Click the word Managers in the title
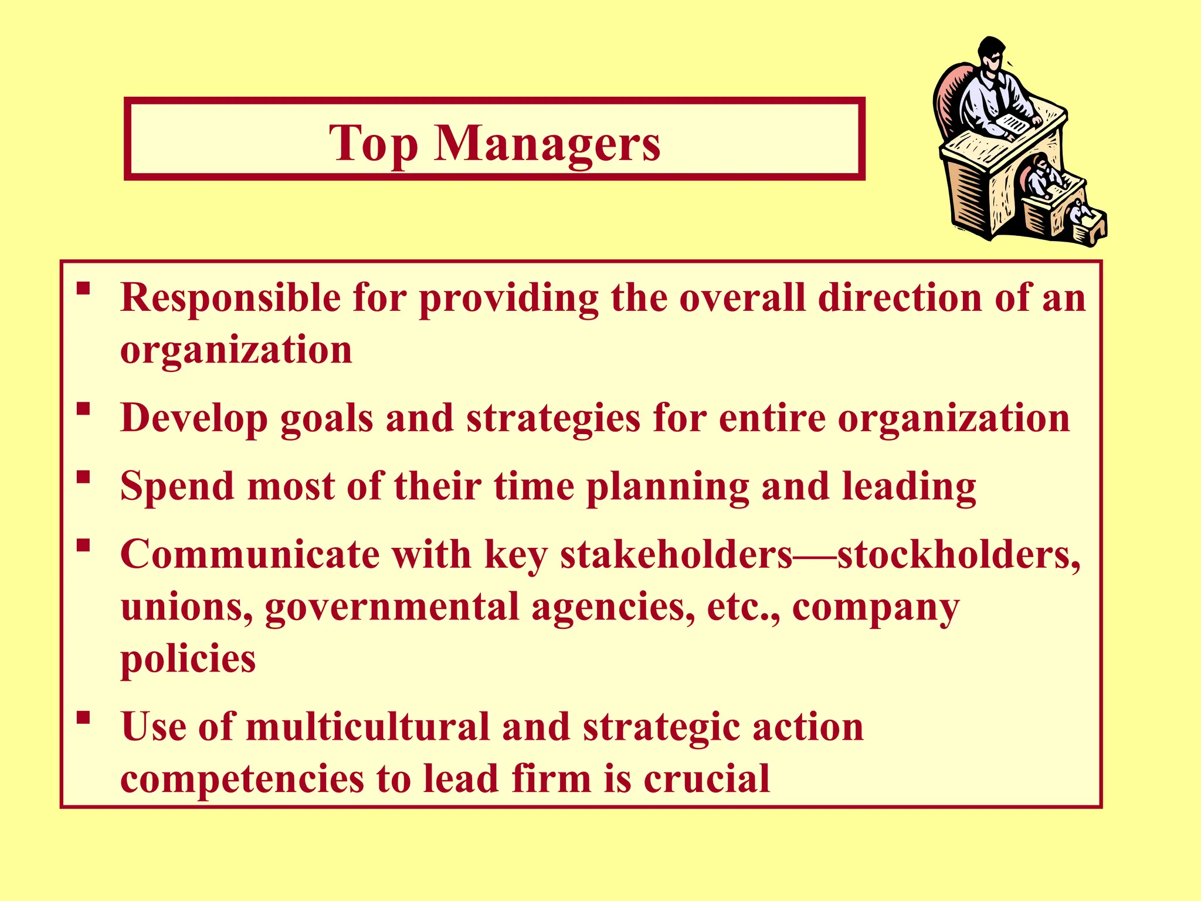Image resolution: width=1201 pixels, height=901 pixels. [547, 144]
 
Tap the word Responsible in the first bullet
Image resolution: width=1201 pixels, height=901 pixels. [230, 297]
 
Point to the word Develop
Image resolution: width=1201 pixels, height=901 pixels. [194, 419]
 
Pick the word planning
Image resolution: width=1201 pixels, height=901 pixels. [668, 487]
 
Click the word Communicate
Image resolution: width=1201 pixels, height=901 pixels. [250, 555]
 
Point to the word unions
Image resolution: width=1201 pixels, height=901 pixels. [186, 607]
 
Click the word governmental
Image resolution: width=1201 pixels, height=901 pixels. [392, 608]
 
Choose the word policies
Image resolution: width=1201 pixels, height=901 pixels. [188, 659]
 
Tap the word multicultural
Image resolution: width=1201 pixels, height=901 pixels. [367, 727]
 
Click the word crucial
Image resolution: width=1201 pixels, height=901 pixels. [706, 779]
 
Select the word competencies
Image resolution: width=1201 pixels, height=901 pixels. [242, 780]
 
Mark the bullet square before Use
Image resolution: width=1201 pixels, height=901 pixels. [83, 717]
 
